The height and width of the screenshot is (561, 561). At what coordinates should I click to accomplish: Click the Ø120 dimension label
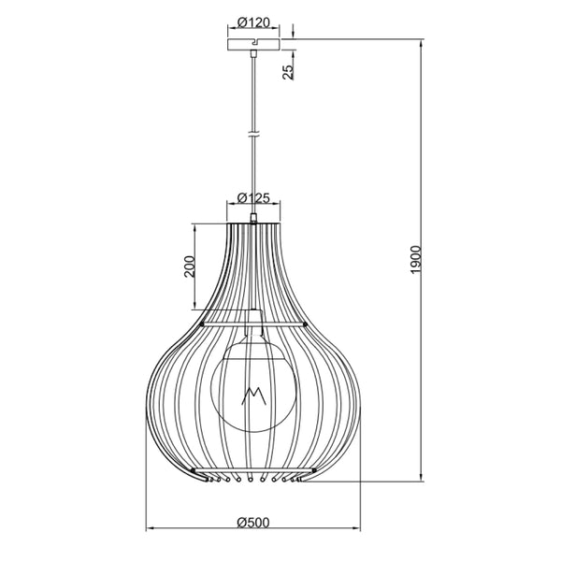pyautogui.click(x=253, y=21)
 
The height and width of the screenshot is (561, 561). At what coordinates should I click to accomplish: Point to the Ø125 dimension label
pyautogui.click(x=253, y=197)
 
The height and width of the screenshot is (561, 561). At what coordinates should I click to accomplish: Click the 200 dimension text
pyautogui.click(x=188, y=268)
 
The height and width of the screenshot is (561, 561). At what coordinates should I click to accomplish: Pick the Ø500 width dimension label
pyautogui.click(x=254, y=521)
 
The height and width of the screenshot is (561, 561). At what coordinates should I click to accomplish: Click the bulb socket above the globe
pyautogui.click(x=253, y=327)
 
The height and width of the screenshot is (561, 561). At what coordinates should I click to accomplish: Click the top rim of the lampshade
pyautogui.click(x=253, y=224)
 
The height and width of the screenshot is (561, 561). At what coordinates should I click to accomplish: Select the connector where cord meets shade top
pyautogui.click(x=253, y=220)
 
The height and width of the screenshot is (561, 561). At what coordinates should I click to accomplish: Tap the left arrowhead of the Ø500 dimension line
pyautogui.click(x=149, y=530)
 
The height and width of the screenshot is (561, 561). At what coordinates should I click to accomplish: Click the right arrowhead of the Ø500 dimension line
pyautogui.click(x=359, y=530)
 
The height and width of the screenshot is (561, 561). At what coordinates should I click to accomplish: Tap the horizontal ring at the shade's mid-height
pyautogui.click(x=253, y=324)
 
